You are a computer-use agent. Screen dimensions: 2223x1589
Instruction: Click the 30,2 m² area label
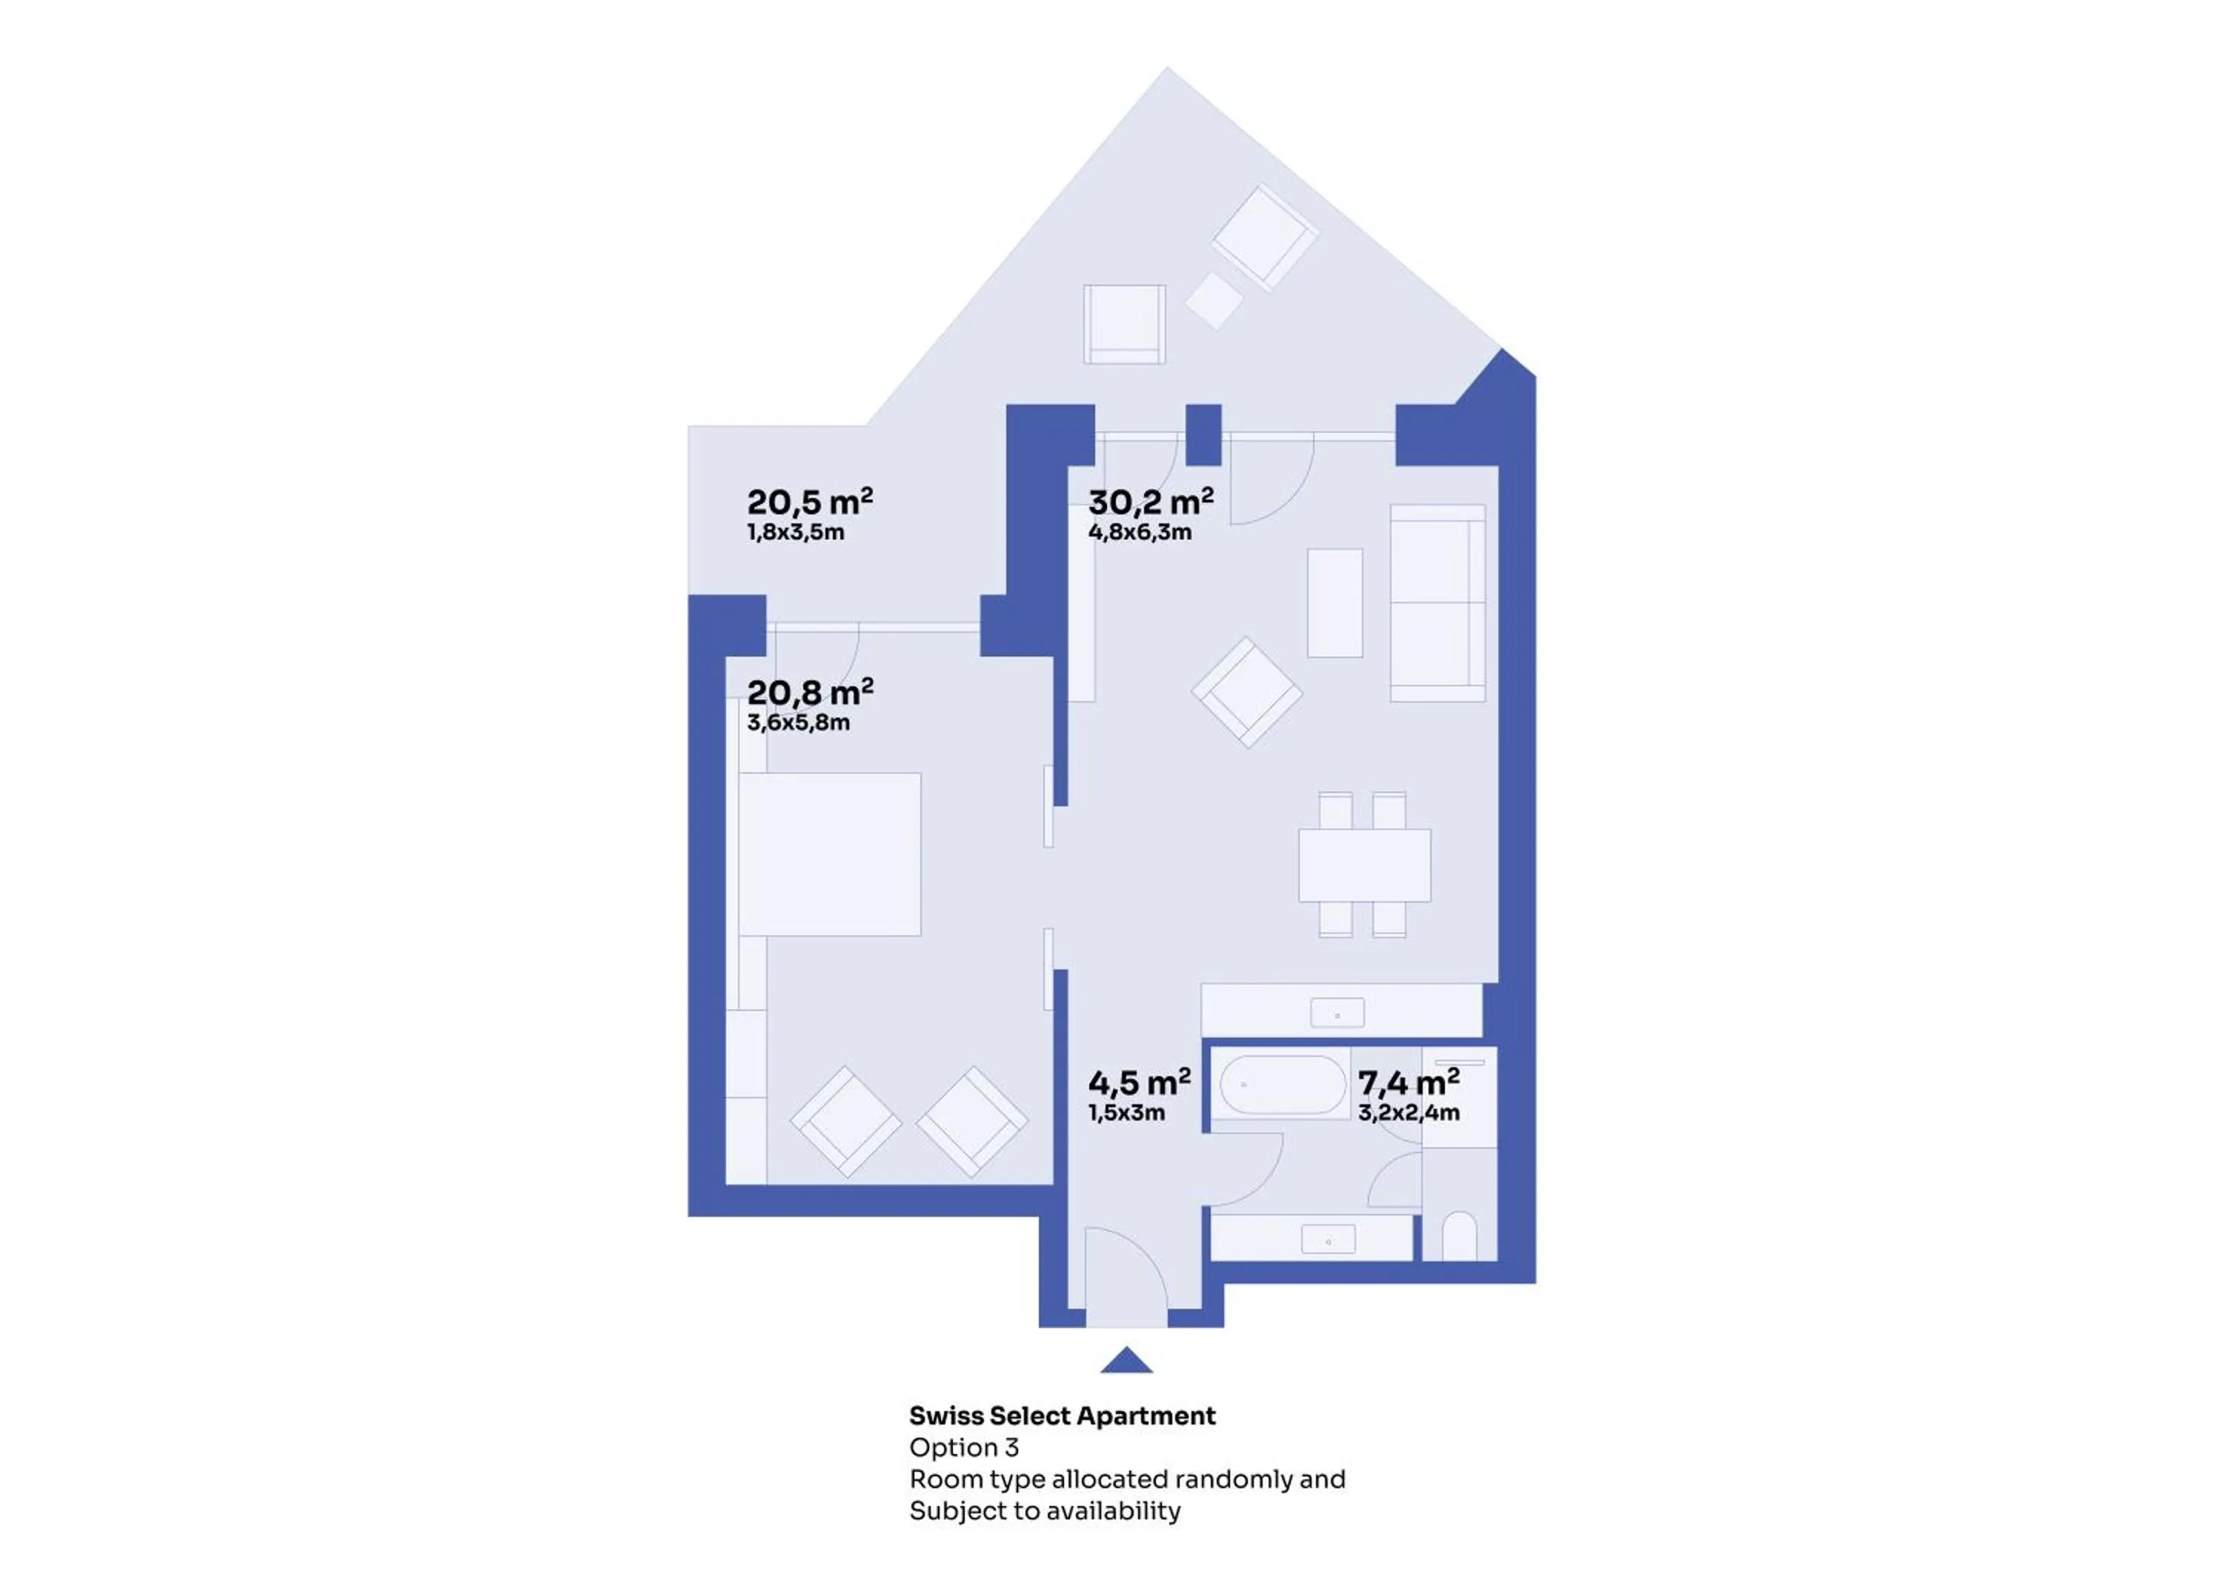[x=1150, y=501]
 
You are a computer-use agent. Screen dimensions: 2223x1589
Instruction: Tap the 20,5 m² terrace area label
[x=810, y=501]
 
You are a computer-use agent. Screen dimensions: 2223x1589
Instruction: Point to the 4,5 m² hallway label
[x=1140, y=1082]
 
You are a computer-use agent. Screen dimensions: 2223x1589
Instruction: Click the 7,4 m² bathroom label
[x=1409, y=1082]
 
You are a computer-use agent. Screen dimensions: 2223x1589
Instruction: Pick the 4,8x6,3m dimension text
[x=1140, y=532]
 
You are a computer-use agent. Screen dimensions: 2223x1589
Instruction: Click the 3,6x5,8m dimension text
[x=798, y=723]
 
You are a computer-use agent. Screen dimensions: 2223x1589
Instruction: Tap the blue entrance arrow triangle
[x=1126, y=1360]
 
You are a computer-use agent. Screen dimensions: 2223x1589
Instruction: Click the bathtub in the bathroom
[x=1282, y=1084]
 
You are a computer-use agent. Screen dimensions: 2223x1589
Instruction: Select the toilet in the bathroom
[x=1459, y=1237]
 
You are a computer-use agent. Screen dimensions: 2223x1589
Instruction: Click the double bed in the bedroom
[x=829, y=855]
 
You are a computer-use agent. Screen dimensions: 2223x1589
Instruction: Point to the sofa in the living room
[x=1438, y=603]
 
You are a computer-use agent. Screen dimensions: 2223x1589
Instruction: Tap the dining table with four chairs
[x=1363, y=865]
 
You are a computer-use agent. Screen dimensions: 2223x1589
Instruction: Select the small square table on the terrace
[x=1214, y=299]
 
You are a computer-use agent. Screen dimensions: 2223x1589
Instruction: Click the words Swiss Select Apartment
[x=1062, y=1416]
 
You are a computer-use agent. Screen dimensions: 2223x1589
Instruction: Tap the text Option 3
[x=963, y=1447]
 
